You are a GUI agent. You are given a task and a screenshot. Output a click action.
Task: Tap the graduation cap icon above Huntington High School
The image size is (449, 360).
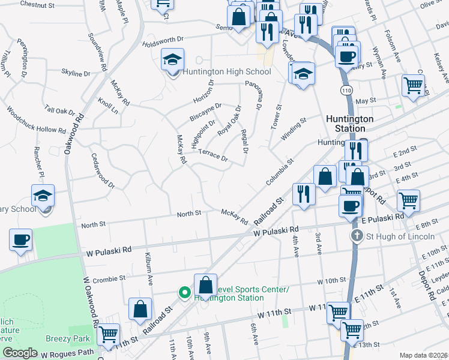point(172,60)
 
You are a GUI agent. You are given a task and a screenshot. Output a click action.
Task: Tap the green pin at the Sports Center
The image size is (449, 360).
point(185,293)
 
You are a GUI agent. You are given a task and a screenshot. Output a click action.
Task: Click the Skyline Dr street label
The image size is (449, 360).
point(76,73)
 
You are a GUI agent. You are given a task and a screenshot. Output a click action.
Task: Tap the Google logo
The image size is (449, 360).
point(20,353)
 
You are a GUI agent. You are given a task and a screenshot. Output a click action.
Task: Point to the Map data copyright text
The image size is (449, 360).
point(423,355)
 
